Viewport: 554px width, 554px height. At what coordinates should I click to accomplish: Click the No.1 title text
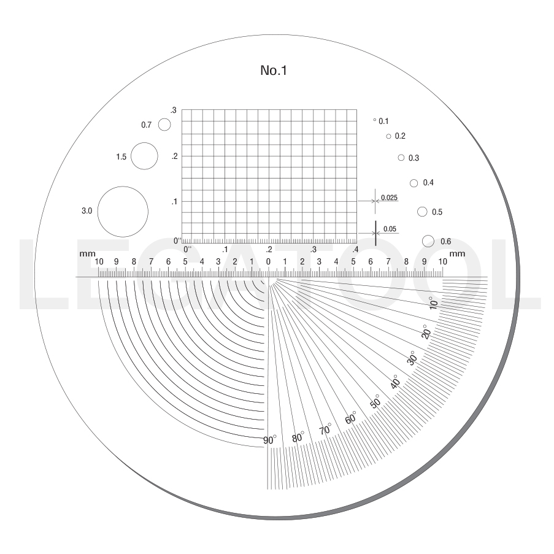[274, 71]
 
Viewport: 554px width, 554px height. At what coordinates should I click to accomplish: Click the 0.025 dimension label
[389, 198]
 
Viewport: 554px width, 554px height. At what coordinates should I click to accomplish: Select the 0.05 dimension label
[390, 229]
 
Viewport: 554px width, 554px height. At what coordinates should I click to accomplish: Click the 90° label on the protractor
[269, 440]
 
